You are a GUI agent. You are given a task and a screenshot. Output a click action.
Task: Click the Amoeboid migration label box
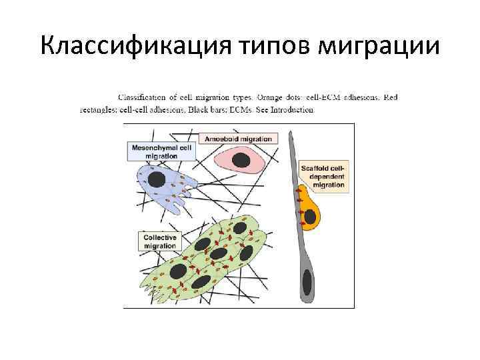coord(238,139)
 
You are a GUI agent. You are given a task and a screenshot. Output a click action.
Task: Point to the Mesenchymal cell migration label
coord(161,151)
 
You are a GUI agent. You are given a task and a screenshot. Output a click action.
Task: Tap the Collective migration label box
coord(160,241)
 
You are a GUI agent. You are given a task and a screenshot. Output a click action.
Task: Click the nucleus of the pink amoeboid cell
coord(240,160)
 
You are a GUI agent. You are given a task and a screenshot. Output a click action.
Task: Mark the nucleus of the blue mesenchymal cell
coord(157,179)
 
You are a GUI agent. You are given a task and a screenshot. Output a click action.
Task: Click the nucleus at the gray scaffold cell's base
coord(307,279)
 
